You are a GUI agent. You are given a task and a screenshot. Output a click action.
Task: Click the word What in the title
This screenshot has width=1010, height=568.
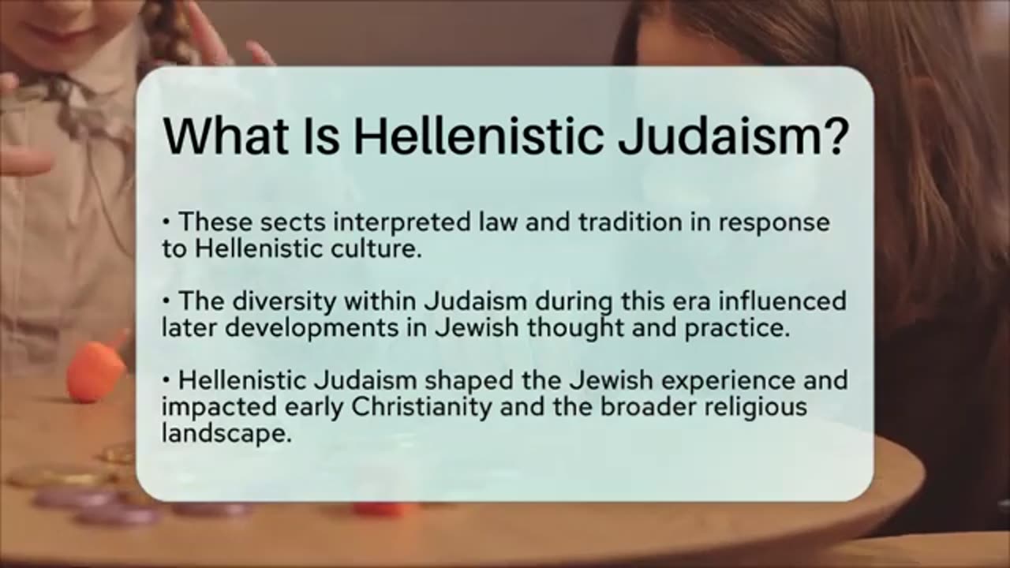[226, 136]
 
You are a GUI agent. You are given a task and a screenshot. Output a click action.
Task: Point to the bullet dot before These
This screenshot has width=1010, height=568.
[166, 222]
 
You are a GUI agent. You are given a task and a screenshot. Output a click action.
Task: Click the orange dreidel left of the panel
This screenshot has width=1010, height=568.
[95, 370]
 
